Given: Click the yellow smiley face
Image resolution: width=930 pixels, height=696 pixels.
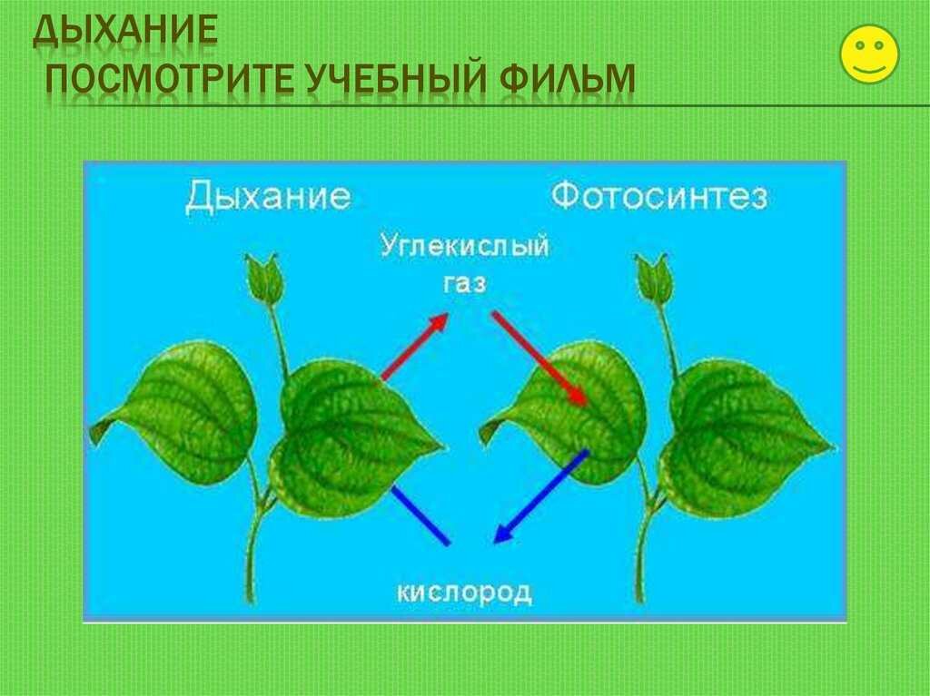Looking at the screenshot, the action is point(869,54).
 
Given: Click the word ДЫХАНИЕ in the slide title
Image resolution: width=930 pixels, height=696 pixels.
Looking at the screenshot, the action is point(125,31).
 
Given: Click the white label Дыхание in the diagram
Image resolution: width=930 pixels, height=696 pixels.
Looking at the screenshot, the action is point(268,197).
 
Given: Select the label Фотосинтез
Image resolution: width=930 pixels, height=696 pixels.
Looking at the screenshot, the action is point(659,196).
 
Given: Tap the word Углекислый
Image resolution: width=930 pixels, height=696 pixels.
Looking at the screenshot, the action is point(464,245).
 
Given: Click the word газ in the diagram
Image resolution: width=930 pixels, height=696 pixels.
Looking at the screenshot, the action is point(465,284).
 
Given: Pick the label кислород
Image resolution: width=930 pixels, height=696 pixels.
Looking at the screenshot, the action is point(464,593).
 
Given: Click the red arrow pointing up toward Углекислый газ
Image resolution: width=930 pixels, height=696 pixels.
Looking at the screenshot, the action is point(415,347).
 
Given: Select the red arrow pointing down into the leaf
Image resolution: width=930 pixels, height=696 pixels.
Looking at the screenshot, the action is point(539,358).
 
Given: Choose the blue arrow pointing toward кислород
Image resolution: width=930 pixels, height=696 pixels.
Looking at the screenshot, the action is point(540,496).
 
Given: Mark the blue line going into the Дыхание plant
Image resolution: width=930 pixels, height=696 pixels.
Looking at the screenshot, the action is point(420,515).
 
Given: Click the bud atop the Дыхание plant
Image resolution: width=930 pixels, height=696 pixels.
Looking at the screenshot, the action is point(262,278).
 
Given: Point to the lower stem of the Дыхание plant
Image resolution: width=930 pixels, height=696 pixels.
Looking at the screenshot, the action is point(254,552).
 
